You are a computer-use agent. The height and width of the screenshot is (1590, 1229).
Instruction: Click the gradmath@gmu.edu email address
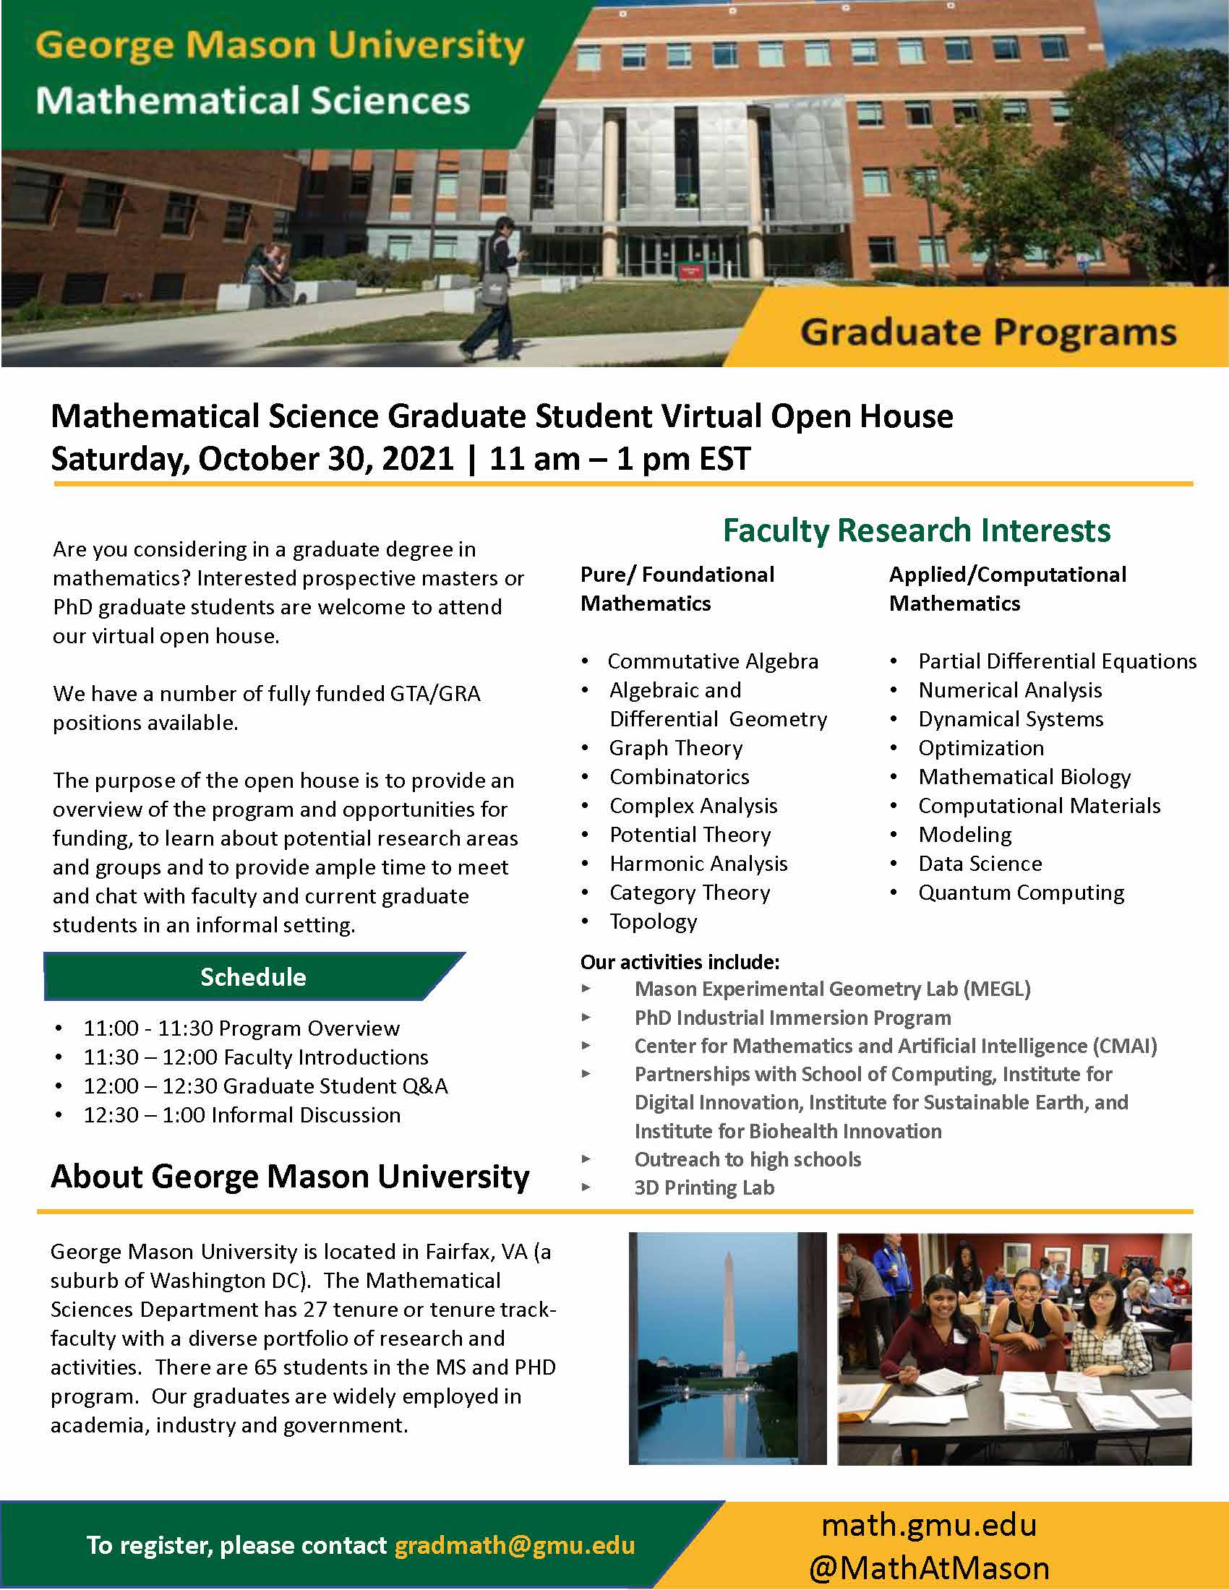pyautogui.click(x=514, y=1545)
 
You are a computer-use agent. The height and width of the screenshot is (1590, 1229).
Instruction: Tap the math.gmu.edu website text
pyautogui.click(x=928, y=1525)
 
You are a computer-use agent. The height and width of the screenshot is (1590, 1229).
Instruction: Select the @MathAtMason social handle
pyautogui.click(x=928, y=1568)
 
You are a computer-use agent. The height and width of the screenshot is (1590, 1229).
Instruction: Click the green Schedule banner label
pyautogui.click(x=252, y=977)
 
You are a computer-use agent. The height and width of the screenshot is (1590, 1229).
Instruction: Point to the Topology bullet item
pyautogui.click(x=653, y=921)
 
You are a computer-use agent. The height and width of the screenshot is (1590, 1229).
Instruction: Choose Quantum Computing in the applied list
pyautogui.click(x=1021, y=893)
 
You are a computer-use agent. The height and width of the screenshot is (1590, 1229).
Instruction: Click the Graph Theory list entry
pyautogui.click(x=676, y=749)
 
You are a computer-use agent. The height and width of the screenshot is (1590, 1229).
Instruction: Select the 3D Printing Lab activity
pyautogui.click(x=704, y=1187)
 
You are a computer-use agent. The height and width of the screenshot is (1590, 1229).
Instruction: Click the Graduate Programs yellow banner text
pyautogui.click(x=988, y=332)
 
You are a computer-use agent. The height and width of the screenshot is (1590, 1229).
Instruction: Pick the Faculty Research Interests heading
pyautogui.click(x=916, y=530)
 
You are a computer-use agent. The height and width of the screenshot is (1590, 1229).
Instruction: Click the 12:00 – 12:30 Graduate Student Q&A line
pyautogui.click(x=265, y=1086)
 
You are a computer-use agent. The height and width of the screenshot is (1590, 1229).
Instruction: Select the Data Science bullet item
pyautogui.click(x=980, y=864)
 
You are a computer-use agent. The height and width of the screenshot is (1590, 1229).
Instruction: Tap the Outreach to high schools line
pyautogui.click(x=748, y=1159)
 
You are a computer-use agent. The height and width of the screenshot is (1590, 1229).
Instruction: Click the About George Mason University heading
pyautogui.click(x=290, y=1177)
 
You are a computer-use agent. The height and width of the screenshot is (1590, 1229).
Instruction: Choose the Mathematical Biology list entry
pyautogui.click(x=1024, y=777)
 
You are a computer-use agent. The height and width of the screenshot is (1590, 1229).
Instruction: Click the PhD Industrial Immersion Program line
pyautogui.click(x=792, y=1018)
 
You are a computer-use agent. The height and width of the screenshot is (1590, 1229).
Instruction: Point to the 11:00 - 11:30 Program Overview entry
pyautogui.click(x=241, y=1028)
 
